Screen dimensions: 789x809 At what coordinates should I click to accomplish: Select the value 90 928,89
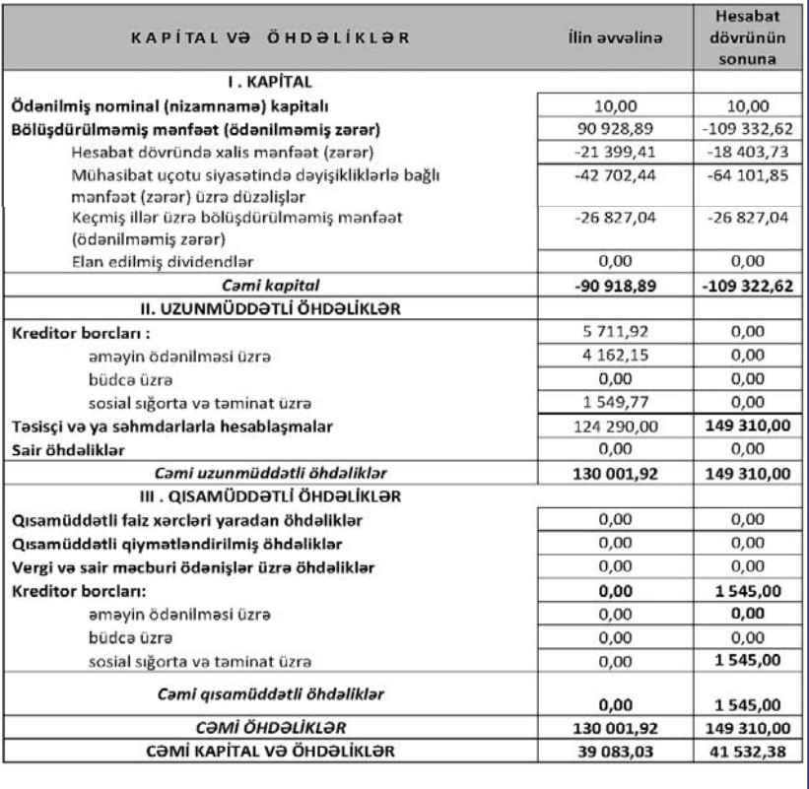(x=613, y=130)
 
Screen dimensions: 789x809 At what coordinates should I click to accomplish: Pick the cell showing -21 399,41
(x=613, y=154)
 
